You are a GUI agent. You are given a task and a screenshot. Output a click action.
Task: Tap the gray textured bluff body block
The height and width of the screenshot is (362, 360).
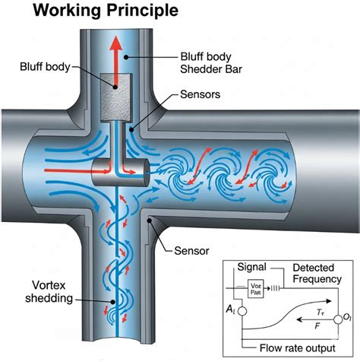(x=117, y=96)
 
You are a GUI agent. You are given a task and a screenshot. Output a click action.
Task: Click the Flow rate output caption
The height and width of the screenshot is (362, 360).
(x=292, y=348)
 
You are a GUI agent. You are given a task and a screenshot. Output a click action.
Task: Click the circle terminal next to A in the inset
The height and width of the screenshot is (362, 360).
(x=242, y=310)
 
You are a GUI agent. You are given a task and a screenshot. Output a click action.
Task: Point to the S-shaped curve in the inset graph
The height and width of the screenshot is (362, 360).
(x=289, y=312)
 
